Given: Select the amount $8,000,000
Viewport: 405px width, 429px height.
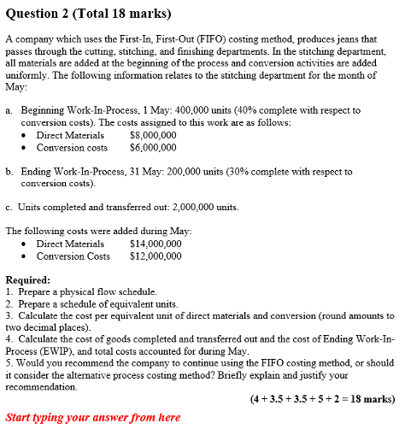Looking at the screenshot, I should click(152, 135).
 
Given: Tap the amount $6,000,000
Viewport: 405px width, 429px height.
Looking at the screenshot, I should click(152, 147).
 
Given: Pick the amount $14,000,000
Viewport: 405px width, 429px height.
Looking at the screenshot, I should click(155, 244).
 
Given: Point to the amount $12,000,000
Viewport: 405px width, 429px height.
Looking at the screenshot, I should click(155, 256).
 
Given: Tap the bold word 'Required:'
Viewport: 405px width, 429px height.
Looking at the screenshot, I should click(27, 279).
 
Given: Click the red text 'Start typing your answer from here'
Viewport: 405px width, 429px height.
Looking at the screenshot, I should click(92, 417).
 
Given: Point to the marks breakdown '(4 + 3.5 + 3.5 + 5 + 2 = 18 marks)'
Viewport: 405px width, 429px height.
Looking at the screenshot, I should click(322, 398).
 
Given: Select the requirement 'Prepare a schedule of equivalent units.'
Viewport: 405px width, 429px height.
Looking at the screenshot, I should click(96, 303).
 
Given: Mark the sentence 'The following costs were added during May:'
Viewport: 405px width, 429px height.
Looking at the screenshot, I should click(99, 231).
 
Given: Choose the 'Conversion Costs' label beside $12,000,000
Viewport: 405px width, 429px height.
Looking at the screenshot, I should click(73, 256).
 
